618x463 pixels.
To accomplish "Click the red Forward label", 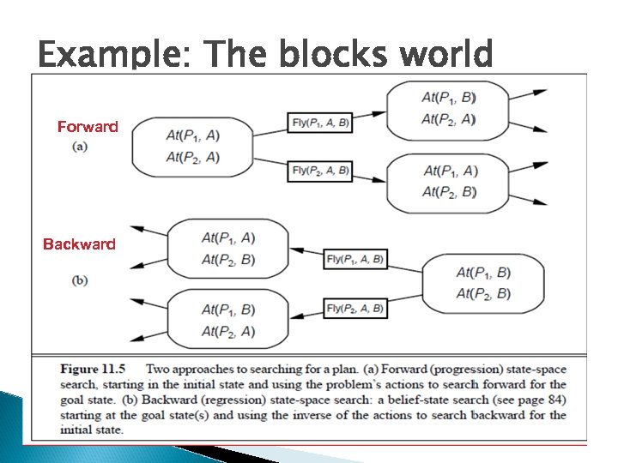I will pos(88,127).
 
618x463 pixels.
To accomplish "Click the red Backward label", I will pos(79,244).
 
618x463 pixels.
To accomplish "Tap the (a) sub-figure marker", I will pos(79,146).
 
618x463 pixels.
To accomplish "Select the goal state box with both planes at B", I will pos(483,284).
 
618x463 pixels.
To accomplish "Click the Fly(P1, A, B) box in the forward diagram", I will pos(321,122).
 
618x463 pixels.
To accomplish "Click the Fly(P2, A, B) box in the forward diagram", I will pos(321,171).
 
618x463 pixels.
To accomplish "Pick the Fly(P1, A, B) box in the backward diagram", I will pos(355,259).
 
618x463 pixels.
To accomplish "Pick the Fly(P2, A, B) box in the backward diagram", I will pos(355,308).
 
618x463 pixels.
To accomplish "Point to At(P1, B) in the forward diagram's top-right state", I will pos(449,97).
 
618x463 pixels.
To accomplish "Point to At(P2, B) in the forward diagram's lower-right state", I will pos(450,191).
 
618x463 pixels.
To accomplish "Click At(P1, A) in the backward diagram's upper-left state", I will pos(228,238).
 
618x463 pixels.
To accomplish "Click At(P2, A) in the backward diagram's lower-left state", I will pos(228,331).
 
